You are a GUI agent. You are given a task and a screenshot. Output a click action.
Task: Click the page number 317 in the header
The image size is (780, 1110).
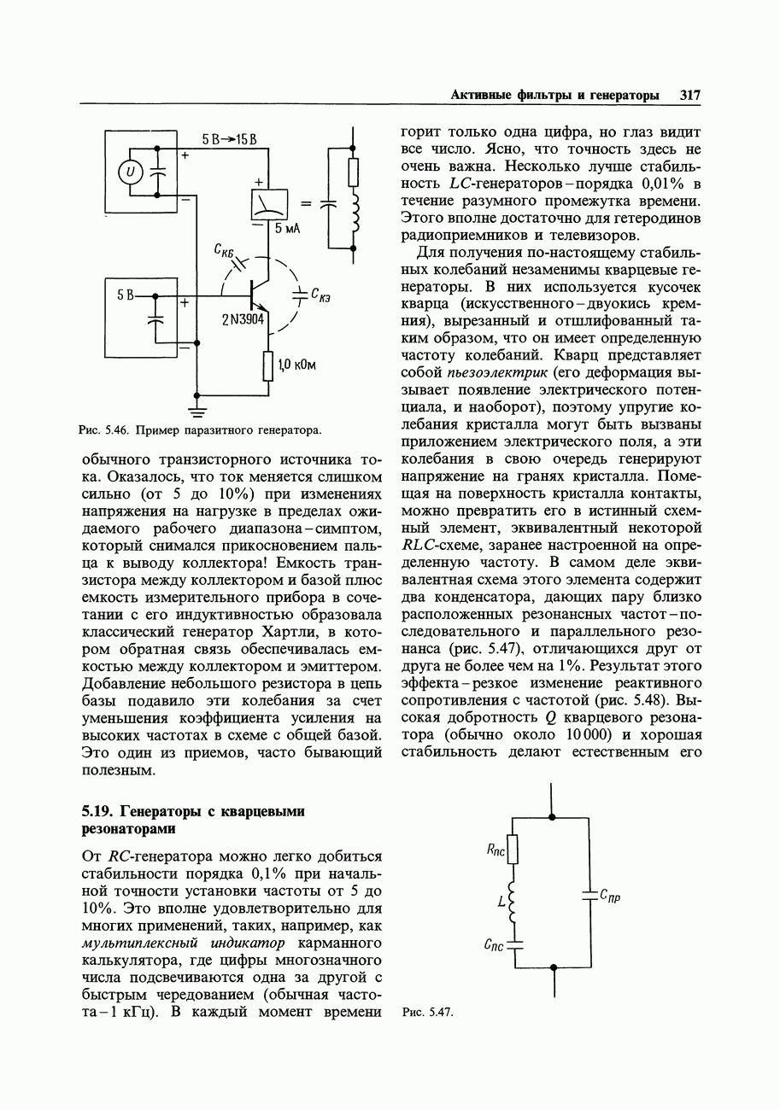click(x=690, y=95)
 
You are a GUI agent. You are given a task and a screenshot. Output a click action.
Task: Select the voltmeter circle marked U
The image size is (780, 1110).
click(x=130, y=172)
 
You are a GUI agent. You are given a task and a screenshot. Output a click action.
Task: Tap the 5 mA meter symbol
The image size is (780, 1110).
click(x=268, y=204)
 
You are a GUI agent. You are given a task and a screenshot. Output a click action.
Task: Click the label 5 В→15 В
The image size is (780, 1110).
click(x=230, y=139)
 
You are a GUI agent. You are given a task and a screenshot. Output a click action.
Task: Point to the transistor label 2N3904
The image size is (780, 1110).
click(x=244, y=319)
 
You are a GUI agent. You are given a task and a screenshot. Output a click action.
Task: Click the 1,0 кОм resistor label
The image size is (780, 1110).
click(x=297, y=365)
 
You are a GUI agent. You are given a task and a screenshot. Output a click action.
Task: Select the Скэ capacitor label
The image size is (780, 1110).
click(x=321, y=296)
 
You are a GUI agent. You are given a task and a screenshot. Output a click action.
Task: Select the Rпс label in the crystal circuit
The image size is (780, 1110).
click(x=496, y=850)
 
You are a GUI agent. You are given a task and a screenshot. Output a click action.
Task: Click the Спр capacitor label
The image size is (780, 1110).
click(x=610, y=896)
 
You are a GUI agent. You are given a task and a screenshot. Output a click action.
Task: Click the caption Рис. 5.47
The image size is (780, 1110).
click(x=426, y=1013)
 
